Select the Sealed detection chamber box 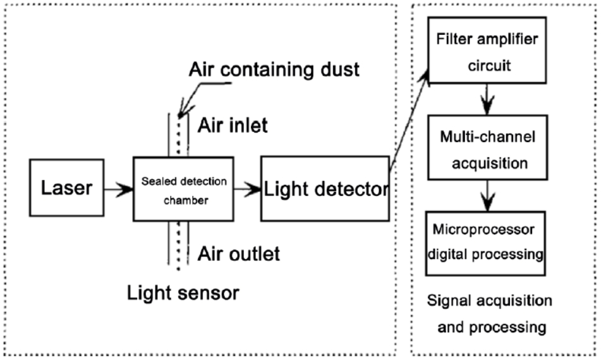coord(183,189)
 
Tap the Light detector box coord(324,189)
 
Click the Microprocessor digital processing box coord(485,243)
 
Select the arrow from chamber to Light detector coord(247,189)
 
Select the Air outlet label coord(239,253)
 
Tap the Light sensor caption coord(184,293)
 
